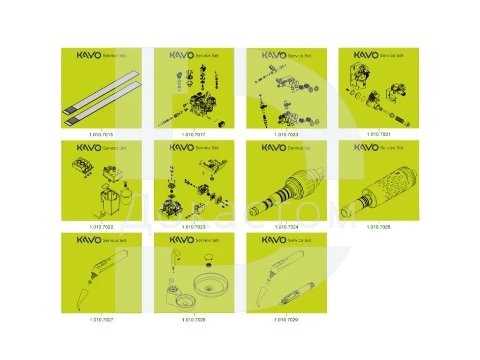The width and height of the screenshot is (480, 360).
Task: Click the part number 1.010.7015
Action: [x=101, y=135]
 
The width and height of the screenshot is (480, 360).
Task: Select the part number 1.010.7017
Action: [x=194, y=135]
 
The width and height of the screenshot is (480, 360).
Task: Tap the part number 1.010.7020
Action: [x=286, y=135]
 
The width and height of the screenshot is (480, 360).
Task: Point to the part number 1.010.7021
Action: [x=379, y=134]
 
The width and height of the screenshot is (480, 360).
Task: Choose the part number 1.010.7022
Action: [x=101, y=227]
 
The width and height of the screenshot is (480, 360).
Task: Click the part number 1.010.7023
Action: [x=194, y=227]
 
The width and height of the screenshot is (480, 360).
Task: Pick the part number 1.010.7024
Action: [x=286, y=227]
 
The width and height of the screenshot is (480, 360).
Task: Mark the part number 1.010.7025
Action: [x=379, y=227]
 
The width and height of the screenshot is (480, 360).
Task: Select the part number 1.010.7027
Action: [x=101, y=320]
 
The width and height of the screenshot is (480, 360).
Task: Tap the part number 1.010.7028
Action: [x=194, y=320]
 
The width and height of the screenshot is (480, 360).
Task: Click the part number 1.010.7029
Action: [x=286, y=320]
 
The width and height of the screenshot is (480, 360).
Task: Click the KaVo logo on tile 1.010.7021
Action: [x=366, y=55]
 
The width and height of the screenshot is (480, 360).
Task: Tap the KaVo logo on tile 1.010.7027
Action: [x=89, y=240]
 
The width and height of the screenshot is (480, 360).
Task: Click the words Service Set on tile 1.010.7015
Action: [x=114, y=55]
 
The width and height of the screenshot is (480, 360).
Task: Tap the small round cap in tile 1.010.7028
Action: [x=209, y=258]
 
